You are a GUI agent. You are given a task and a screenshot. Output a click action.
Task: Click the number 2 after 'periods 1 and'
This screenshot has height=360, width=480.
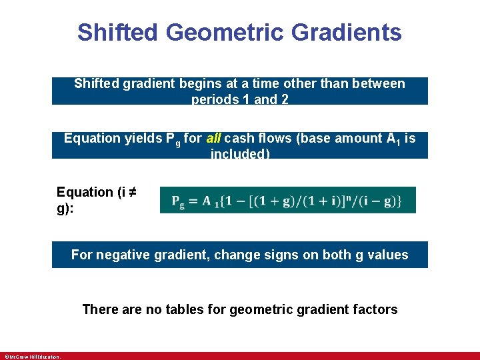pyautogui.click(x=285, y=100)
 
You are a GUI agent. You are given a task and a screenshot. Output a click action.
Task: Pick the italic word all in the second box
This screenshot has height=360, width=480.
pyautogui.click(x=214, y=139)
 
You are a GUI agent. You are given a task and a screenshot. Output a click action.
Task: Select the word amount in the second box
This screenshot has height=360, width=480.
pyautogui.click(x=356, y=139)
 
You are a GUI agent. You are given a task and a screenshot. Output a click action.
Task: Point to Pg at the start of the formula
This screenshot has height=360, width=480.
pyautogui.click(x=178, y=201)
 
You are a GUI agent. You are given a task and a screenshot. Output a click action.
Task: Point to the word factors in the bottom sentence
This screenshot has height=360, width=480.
pyautogui.click(x=375, y=309)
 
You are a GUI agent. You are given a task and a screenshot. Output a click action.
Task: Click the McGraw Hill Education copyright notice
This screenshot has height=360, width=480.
pyautogui.click(x=32, y=357)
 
